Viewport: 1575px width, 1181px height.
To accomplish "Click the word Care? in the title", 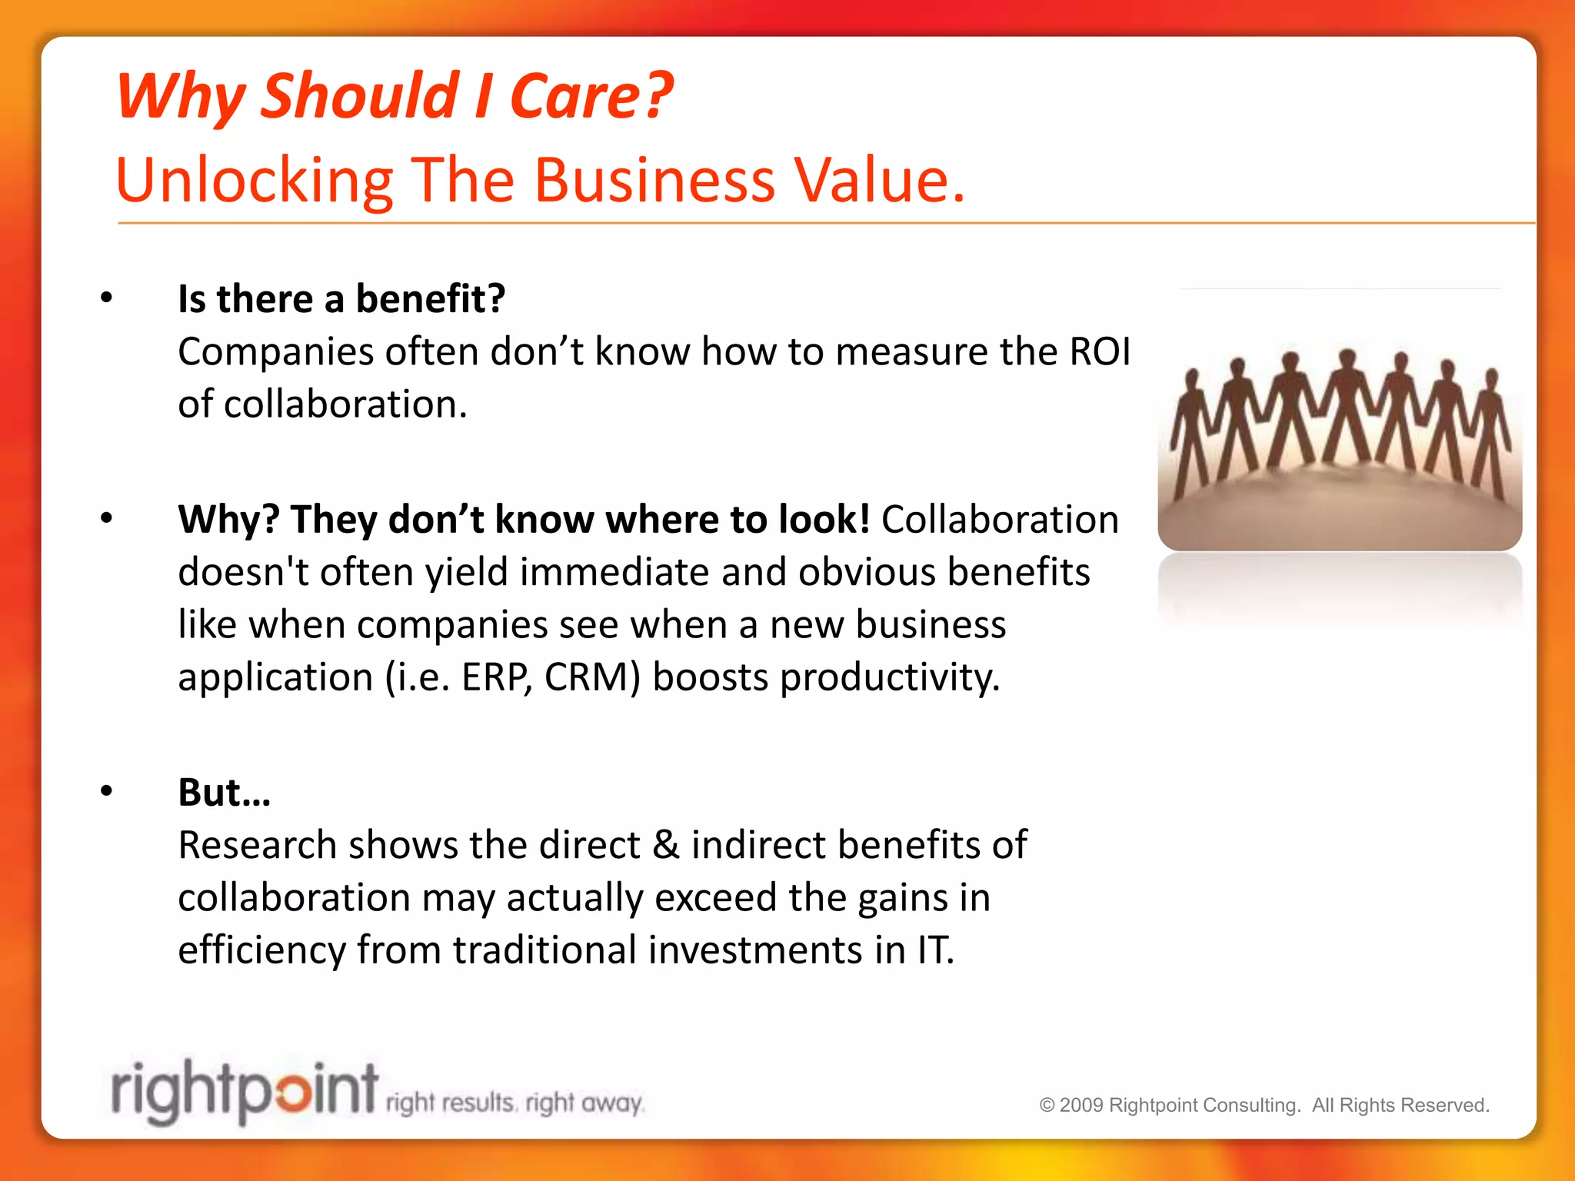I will (x=591, y=96).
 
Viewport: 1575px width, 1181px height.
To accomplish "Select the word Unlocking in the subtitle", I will (x=254, y=181).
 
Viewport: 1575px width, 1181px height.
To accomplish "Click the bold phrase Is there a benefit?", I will (x=341, y=298).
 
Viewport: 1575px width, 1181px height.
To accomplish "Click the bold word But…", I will (x=224, y=792).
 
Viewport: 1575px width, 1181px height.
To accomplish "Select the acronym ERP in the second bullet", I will (x=494, y=677).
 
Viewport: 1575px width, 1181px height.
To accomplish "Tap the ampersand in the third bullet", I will (x=665, y=845).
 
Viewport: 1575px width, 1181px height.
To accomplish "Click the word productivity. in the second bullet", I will (x=890, y=677).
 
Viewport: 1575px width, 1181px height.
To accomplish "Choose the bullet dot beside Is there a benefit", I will (x=106, y=298).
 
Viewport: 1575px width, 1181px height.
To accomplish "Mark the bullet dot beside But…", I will (x=106, y=792).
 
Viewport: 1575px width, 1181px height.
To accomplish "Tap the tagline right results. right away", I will (x=514, y=1103).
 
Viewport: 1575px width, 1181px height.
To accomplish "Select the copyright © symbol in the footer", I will (x=1047, y=1105).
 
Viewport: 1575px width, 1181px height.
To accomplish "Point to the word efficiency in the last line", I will (x=261, y=951).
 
